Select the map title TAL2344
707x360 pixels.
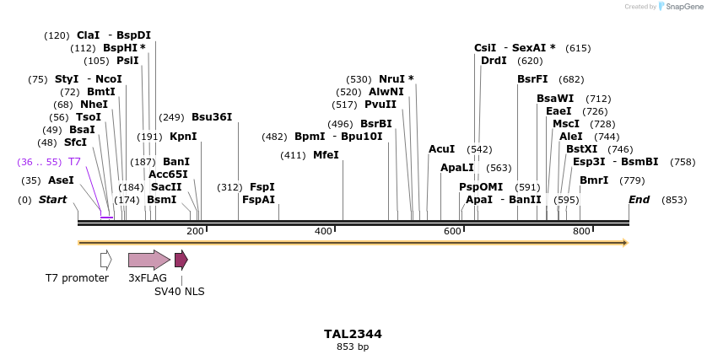[x=353, y=334]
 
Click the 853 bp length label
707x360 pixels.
[x=353, y=347]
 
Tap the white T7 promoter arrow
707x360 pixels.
[x=105, y=260]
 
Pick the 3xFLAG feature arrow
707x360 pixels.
[x=148, y=260]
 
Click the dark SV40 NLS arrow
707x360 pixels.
[x=181, y=260]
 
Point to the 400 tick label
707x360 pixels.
[x=323, y=231]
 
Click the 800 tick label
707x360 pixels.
[x=581, y=231]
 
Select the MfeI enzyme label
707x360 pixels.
[x=326, y=155]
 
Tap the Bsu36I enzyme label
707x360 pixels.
[x=212, y=117]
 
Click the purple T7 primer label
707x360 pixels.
[x=74, y=161]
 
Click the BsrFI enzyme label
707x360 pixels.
[x=532, y=79]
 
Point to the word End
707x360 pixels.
[x=640, y=200]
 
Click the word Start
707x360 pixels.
[x=52, y=200]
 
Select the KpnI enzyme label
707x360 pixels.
[x=183, y=136]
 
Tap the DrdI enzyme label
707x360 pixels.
[x=494, y=61]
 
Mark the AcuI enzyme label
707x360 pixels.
[x=441, y=149]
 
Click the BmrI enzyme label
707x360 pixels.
[x=594, y=180]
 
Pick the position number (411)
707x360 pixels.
[x=293, y=155]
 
